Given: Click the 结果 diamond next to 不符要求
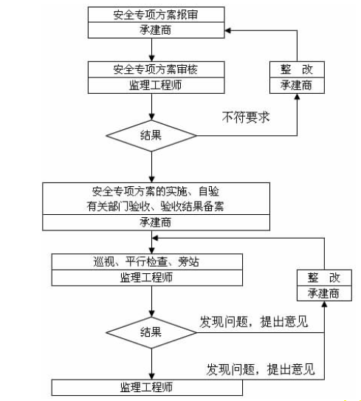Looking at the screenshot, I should tap(151, 136).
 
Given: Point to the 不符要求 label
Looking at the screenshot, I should tap(246, 117).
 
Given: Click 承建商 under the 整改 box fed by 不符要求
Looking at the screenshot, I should tap(296, 85).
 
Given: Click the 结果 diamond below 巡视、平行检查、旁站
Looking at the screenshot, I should tap(151, 332).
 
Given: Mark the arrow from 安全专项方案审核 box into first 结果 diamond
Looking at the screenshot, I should tap(151, 107).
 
